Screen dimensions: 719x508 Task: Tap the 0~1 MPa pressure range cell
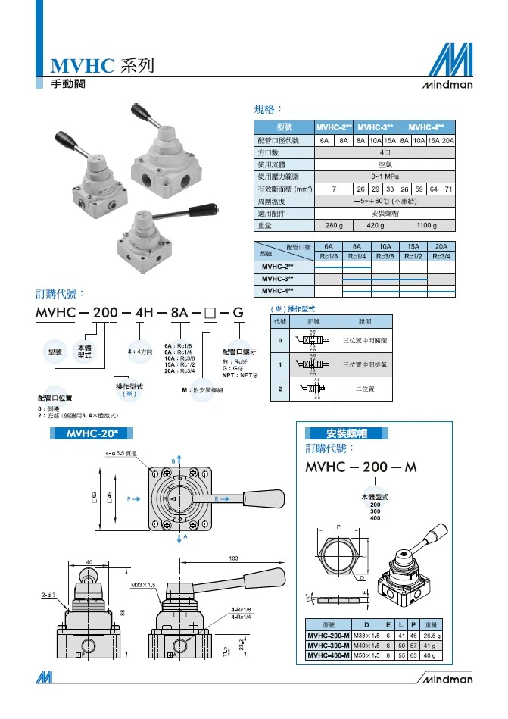[x=385, y=176]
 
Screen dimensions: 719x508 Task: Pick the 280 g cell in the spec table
[x=334, y=225]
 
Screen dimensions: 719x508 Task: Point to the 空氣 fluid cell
[x=385, y=164]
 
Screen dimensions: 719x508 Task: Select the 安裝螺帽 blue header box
[x=347, y=433]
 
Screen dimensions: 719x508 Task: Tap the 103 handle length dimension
[x=232, y=558]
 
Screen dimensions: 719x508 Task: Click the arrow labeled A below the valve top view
[x=182, y=536]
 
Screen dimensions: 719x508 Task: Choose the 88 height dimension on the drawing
[x=120, y=612]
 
